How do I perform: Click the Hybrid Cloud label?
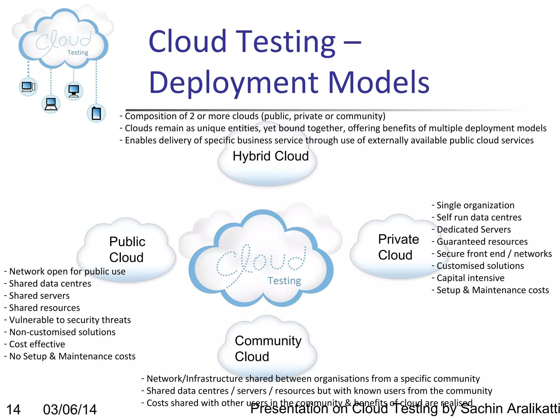pos(270,156)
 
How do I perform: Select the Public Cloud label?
pos(127,249)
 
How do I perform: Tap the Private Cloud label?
pos(398,247)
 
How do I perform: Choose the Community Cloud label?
pos(268,349)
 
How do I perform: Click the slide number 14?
pos(13,410)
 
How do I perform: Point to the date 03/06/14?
pos(70,410)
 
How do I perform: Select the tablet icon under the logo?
pos(96,113)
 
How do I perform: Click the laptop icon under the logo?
pos(51,104)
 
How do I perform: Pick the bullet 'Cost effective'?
pos(37,344)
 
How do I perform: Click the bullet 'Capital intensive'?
pos(470,278)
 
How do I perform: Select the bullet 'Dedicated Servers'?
pos(473,229)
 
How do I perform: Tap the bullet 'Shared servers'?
pos(39,296)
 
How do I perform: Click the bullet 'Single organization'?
pos(475,205)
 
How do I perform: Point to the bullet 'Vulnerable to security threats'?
pos(70,320)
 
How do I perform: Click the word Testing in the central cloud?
pos(284,281)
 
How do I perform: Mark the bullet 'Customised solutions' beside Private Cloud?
pos(480,266)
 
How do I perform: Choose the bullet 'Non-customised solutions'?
pos(62,332)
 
